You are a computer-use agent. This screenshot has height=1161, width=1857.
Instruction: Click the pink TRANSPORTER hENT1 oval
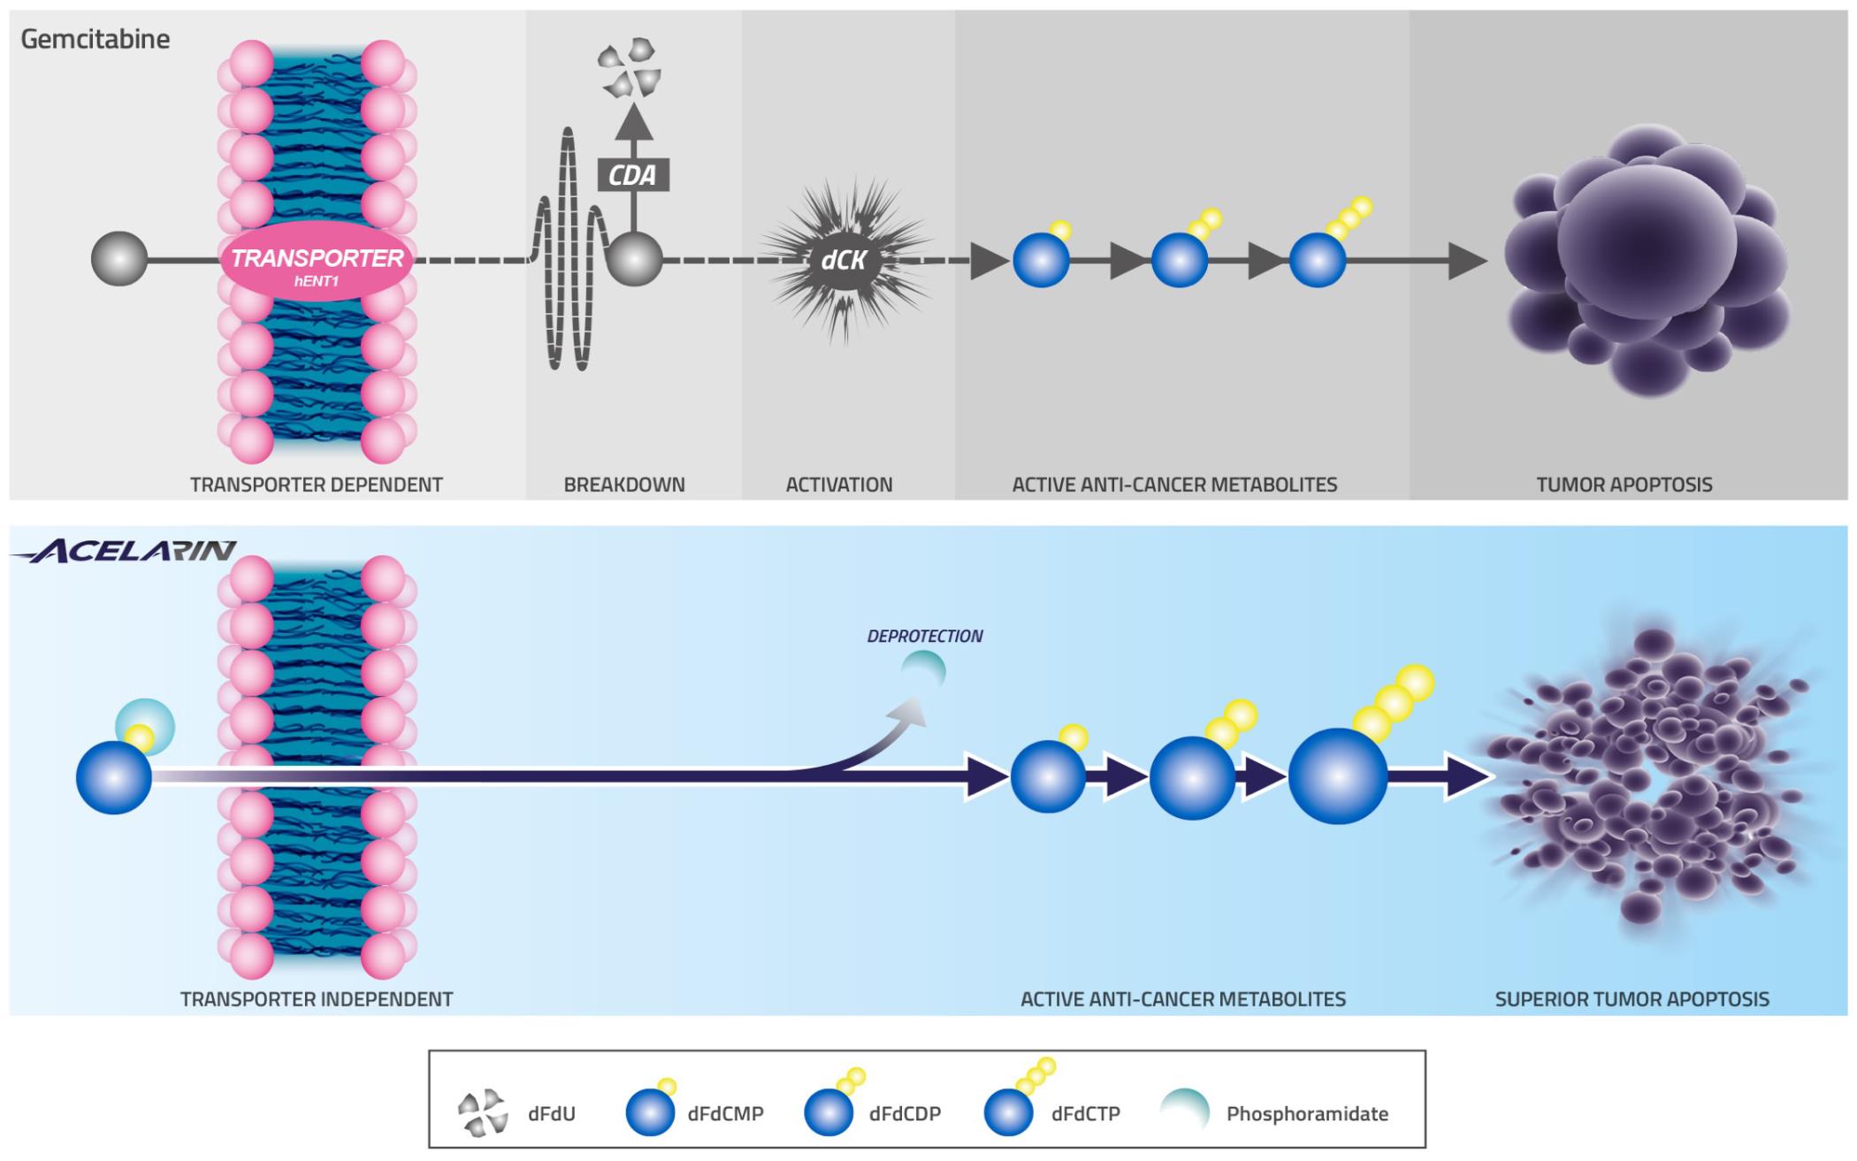tap(317, 263)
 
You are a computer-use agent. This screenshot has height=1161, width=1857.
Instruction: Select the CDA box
tap(633, 175)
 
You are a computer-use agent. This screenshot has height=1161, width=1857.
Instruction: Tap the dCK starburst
tap(844, 260)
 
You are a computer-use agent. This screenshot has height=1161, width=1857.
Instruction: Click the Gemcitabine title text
tap(95, 39)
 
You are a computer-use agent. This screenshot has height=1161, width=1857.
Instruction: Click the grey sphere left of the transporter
tap(119, 259)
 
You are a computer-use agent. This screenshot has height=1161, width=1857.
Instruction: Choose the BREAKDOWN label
tap(624, 485)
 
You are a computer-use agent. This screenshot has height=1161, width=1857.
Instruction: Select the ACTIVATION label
tap(839, 485)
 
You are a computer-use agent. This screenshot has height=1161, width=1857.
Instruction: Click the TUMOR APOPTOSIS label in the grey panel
tap(1624, 485)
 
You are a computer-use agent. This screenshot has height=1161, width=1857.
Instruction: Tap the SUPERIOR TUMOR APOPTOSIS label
tap(1632, 999)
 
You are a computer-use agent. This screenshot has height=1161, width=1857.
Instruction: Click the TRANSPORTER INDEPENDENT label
tap(317, 999)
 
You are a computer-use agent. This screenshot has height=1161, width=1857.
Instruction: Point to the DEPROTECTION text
tap(925, 636)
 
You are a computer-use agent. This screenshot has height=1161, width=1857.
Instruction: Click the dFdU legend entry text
tap(552, 1114)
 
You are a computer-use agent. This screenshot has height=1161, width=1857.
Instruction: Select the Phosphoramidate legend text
tap(1307, 1114)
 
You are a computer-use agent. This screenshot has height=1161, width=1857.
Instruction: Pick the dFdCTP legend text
tap(1086, 1114)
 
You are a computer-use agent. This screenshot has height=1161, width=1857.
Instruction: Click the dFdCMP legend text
tap(725, 1114)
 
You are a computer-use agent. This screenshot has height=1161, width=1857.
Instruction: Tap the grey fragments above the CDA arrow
tap(630, 66)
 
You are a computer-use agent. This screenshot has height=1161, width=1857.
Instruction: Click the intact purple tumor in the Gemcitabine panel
tap(1645, 261)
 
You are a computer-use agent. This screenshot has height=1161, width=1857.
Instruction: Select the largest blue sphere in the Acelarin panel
tap(1337, 776)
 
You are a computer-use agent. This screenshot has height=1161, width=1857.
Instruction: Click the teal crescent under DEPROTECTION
tap(925, 670)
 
